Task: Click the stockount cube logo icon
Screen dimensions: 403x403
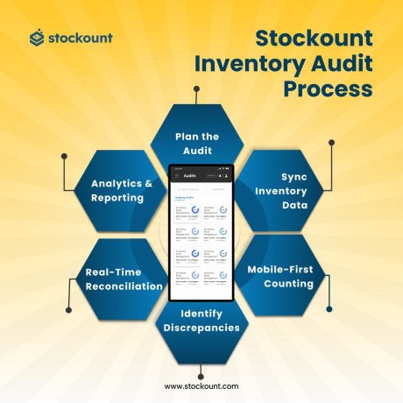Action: click(36, 38)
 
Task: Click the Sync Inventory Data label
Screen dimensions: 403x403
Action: click(282, 190)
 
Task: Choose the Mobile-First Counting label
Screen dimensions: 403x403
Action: click(280, 276)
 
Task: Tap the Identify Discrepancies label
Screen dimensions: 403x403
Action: click(201, 321)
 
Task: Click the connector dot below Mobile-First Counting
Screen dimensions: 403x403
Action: click(329, 308)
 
